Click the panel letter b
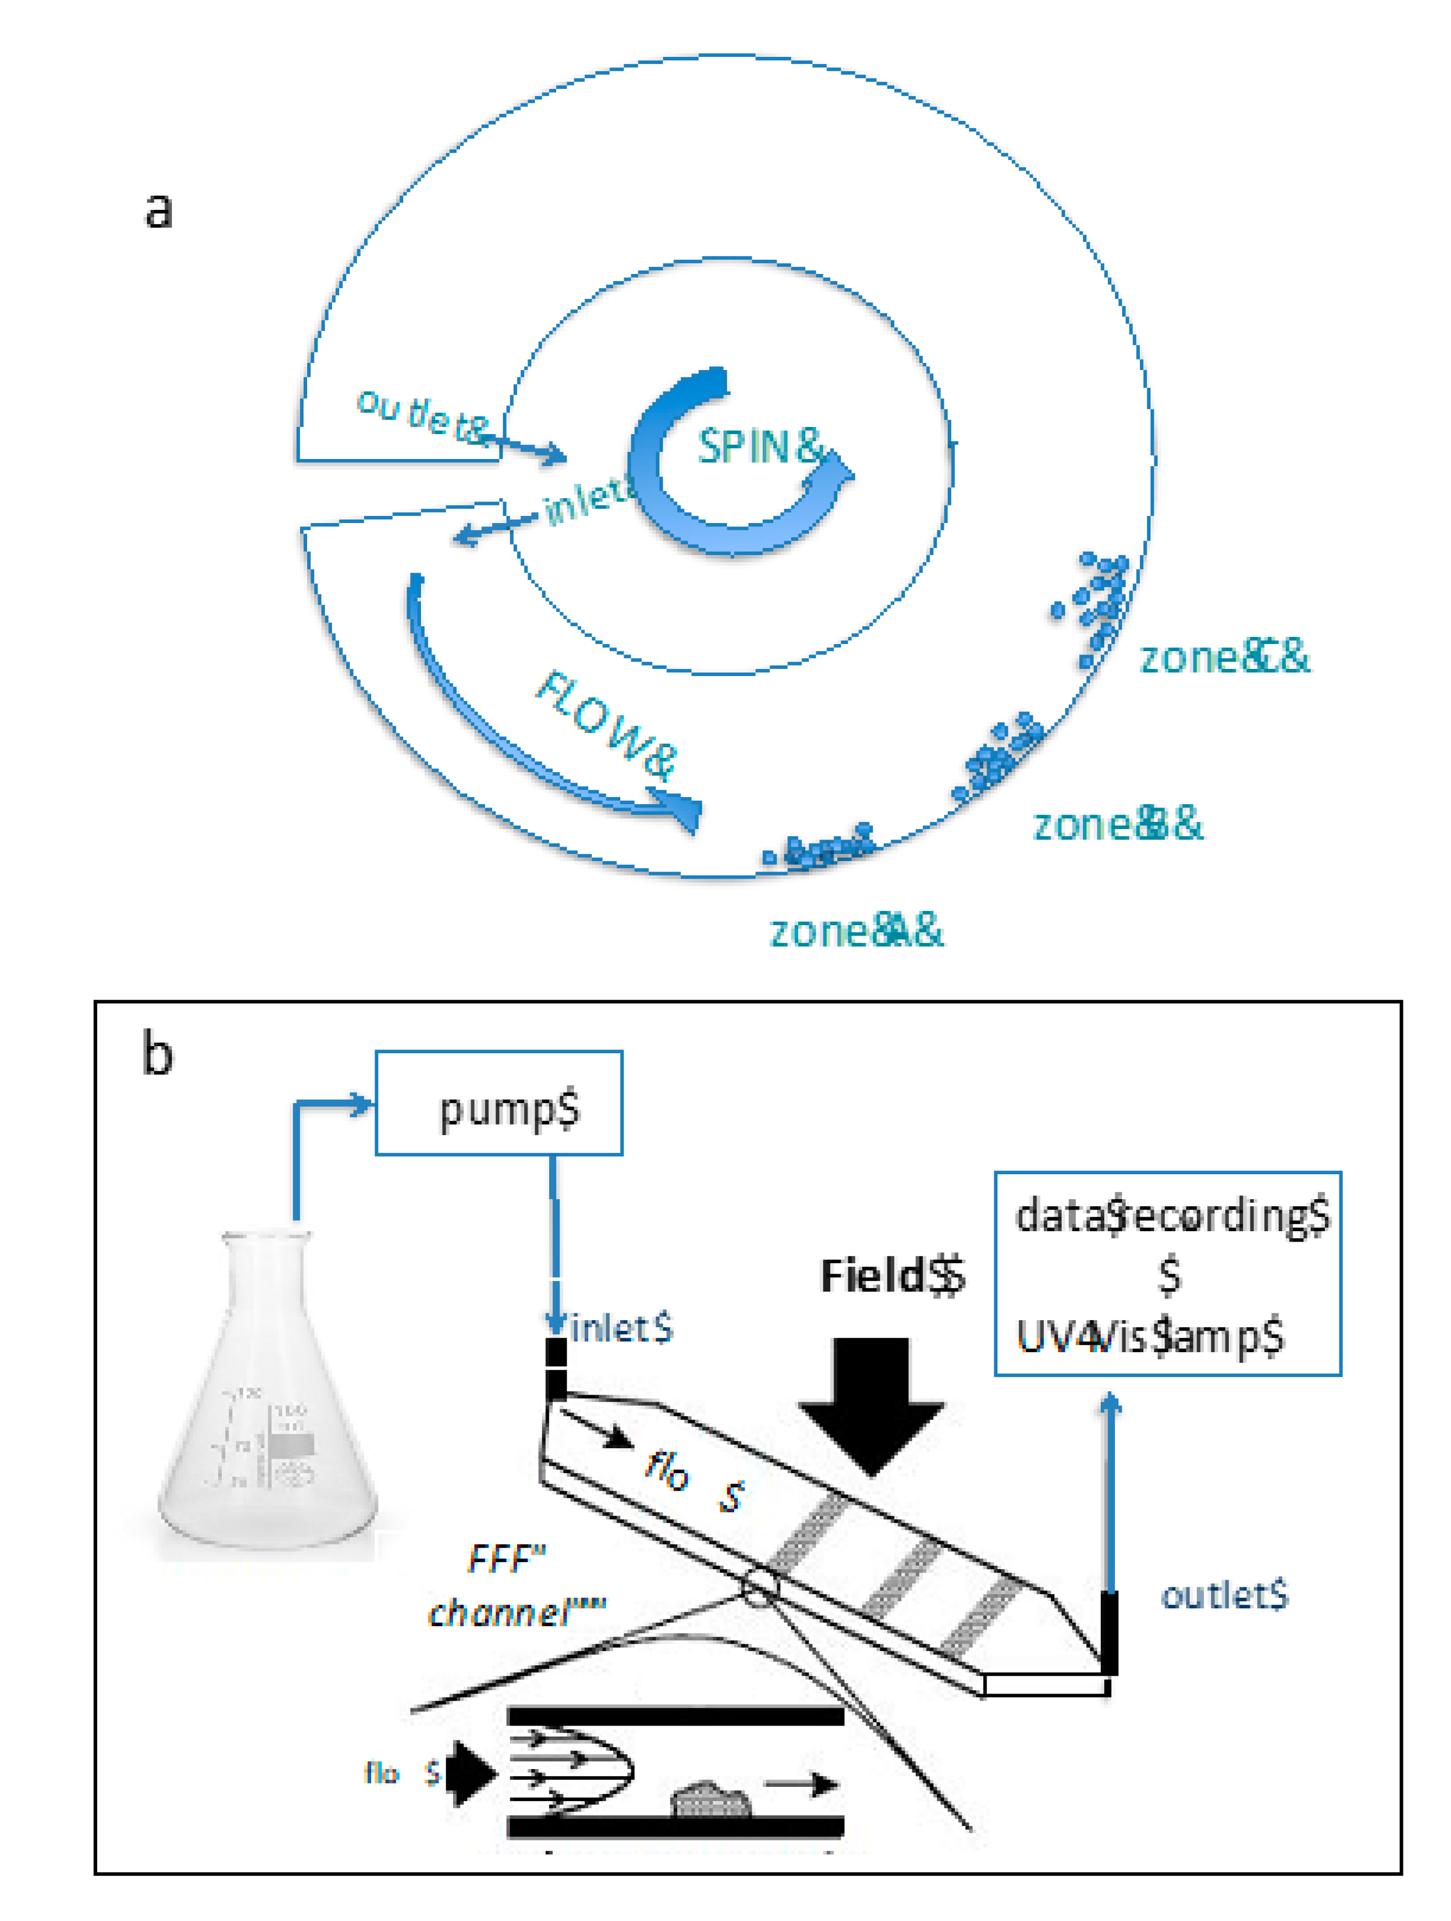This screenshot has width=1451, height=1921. tap(157, 1054)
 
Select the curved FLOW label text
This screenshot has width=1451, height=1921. tap(605, 726)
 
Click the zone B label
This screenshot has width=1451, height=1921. tap(1117, 824)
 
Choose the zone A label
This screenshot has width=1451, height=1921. tap(856, 932)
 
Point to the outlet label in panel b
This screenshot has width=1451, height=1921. tap(1225, 1595)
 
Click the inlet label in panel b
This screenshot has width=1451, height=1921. tap(621, 1329)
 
